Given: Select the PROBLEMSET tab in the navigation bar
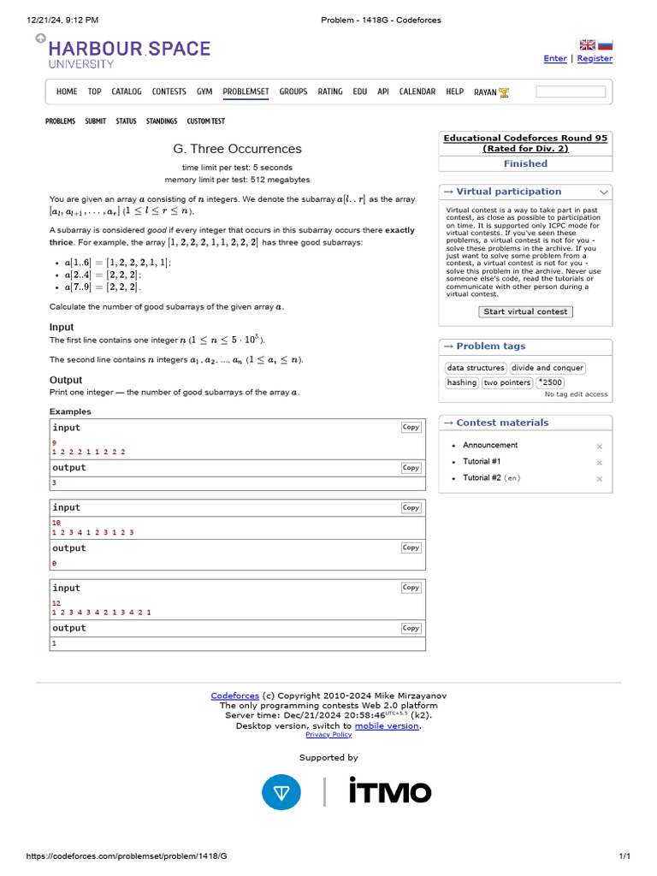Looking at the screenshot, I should [246, 92].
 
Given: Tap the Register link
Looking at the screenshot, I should [595, 58].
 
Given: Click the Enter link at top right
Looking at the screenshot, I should [555, 58].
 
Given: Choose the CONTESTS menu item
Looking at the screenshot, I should [169, 92].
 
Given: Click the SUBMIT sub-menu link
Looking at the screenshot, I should [95, 121].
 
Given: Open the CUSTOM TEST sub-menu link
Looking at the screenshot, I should [205, 121].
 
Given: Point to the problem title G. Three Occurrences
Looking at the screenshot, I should [237, 149].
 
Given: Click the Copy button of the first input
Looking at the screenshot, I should [411, 427].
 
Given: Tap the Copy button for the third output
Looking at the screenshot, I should [411, 628].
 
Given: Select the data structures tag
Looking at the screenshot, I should [476, 368].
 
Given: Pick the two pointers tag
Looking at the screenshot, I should [506, 382].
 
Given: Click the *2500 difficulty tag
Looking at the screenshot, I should [550, 382].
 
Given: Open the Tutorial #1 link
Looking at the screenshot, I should [482, 462].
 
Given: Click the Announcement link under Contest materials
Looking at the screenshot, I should [490, 445].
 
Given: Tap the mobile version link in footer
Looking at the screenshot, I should [387, 725].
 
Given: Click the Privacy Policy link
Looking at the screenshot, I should [328, 735].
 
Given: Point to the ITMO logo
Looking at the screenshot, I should [389, 791].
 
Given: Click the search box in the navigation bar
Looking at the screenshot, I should [571, 92].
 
